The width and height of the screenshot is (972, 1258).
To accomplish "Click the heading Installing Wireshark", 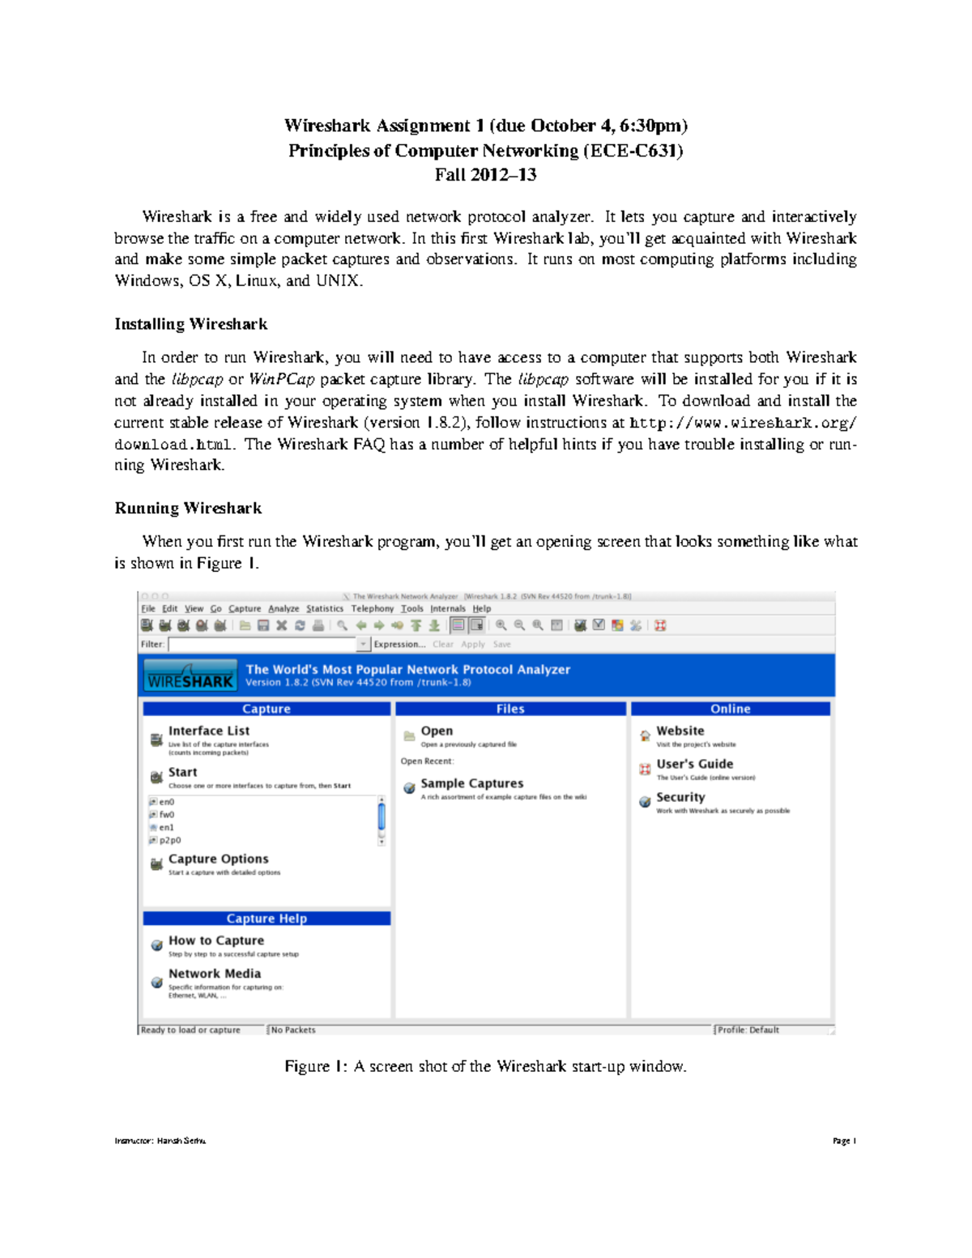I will [190, 324].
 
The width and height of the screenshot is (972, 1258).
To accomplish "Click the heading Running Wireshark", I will [188, 508].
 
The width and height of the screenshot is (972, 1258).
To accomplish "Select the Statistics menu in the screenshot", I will [324, 608].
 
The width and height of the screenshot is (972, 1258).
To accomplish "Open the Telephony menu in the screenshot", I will [372, 608].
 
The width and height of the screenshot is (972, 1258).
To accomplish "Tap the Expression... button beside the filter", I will [399, 644].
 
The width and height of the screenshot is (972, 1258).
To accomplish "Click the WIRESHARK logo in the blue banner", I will [190, 676].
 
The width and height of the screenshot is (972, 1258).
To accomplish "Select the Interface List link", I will [208, 731].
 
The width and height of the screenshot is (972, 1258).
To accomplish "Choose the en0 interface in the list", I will [166, 802].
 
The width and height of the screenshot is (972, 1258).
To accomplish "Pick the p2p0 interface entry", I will [169, 840].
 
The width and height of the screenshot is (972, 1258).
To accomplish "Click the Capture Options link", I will [218, 859].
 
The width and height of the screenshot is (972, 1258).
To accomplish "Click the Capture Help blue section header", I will [266, 919].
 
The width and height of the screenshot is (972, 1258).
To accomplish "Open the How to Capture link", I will [215, 940].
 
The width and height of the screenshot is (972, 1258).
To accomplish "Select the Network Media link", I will [214, 974].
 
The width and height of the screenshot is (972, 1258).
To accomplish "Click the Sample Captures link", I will [471, 783].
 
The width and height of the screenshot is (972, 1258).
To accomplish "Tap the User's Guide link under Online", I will [694, 764].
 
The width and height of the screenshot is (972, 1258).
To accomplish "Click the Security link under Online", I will [680, 797].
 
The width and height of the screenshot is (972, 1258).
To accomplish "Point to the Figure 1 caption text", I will [485, 1066].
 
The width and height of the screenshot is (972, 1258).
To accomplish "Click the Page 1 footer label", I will [844, 1141].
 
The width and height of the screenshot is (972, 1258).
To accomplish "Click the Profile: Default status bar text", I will [748, 1030].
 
